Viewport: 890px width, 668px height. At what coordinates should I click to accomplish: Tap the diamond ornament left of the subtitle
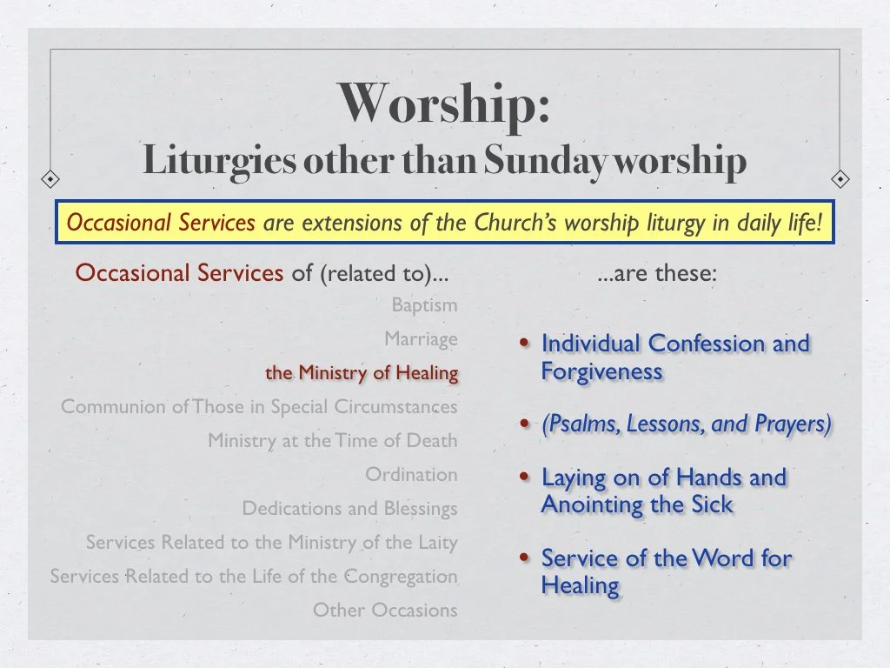pos(51,179)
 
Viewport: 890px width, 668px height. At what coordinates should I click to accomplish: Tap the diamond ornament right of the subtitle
pos(840,179)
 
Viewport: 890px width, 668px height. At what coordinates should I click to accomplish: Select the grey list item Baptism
pos(424,305)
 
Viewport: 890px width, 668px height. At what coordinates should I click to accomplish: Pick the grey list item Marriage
pos(421,339)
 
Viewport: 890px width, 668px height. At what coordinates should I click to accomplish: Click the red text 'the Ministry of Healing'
pos(362,373)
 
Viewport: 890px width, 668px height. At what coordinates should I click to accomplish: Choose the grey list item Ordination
pos(411,475)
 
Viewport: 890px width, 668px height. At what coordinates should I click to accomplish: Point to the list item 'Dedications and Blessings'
pos(349,509)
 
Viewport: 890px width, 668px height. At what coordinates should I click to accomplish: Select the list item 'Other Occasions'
pos(385,611)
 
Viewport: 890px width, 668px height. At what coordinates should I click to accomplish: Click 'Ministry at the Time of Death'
pos(332,441)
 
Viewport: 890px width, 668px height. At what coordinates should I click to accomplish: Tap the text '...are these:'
pos(657,274)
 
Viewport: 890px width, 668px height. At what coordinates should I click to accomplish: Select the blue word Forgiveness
pos(601,371)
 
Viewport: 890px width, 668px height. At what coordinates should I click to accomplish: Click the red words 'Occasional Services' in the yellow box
pos(161,224)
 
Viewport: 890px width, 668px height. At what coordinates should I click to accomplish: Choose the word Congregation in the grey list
pos(401,577)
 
